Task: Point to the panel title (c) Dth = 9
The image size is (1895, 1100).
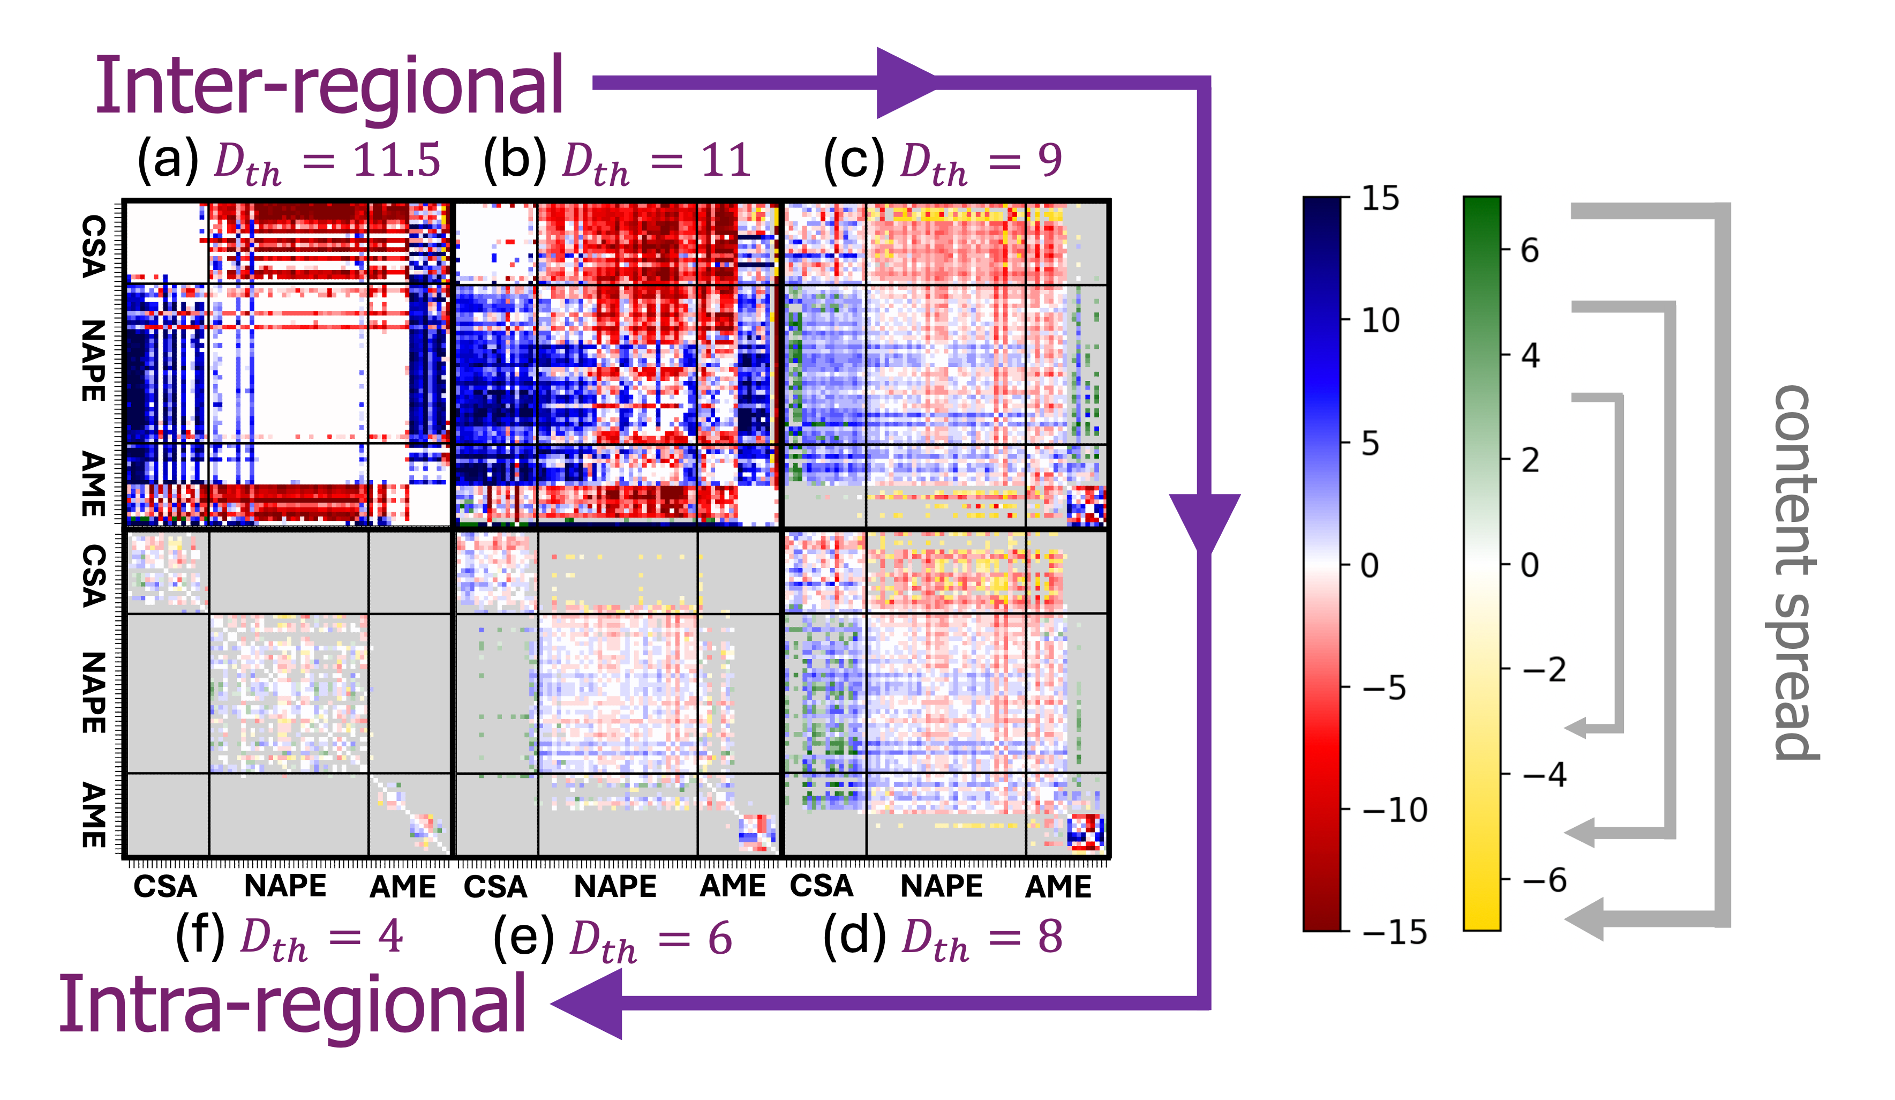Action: (x=943, y=162)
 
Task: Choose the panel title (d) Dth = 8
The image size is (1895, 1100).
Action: (x=943, y=938)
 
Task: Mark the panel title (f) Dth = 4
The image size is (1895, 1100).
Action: (x=290, y=938)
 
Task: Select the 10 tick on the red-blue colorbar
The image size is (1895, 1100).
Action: (x=1380, y=320)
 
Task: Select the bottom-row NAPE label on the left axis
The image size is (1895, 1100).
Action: (x=93, y=692)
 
